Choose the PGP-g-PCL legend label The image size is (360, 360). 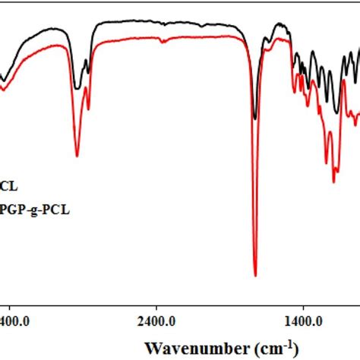point(35,210)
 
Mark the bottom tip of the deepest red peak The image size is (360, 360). point(255,276)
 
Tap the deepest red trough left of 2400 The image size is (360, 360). point(77,156)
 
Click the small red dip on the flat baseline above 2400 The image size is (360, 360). point(163,41)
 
